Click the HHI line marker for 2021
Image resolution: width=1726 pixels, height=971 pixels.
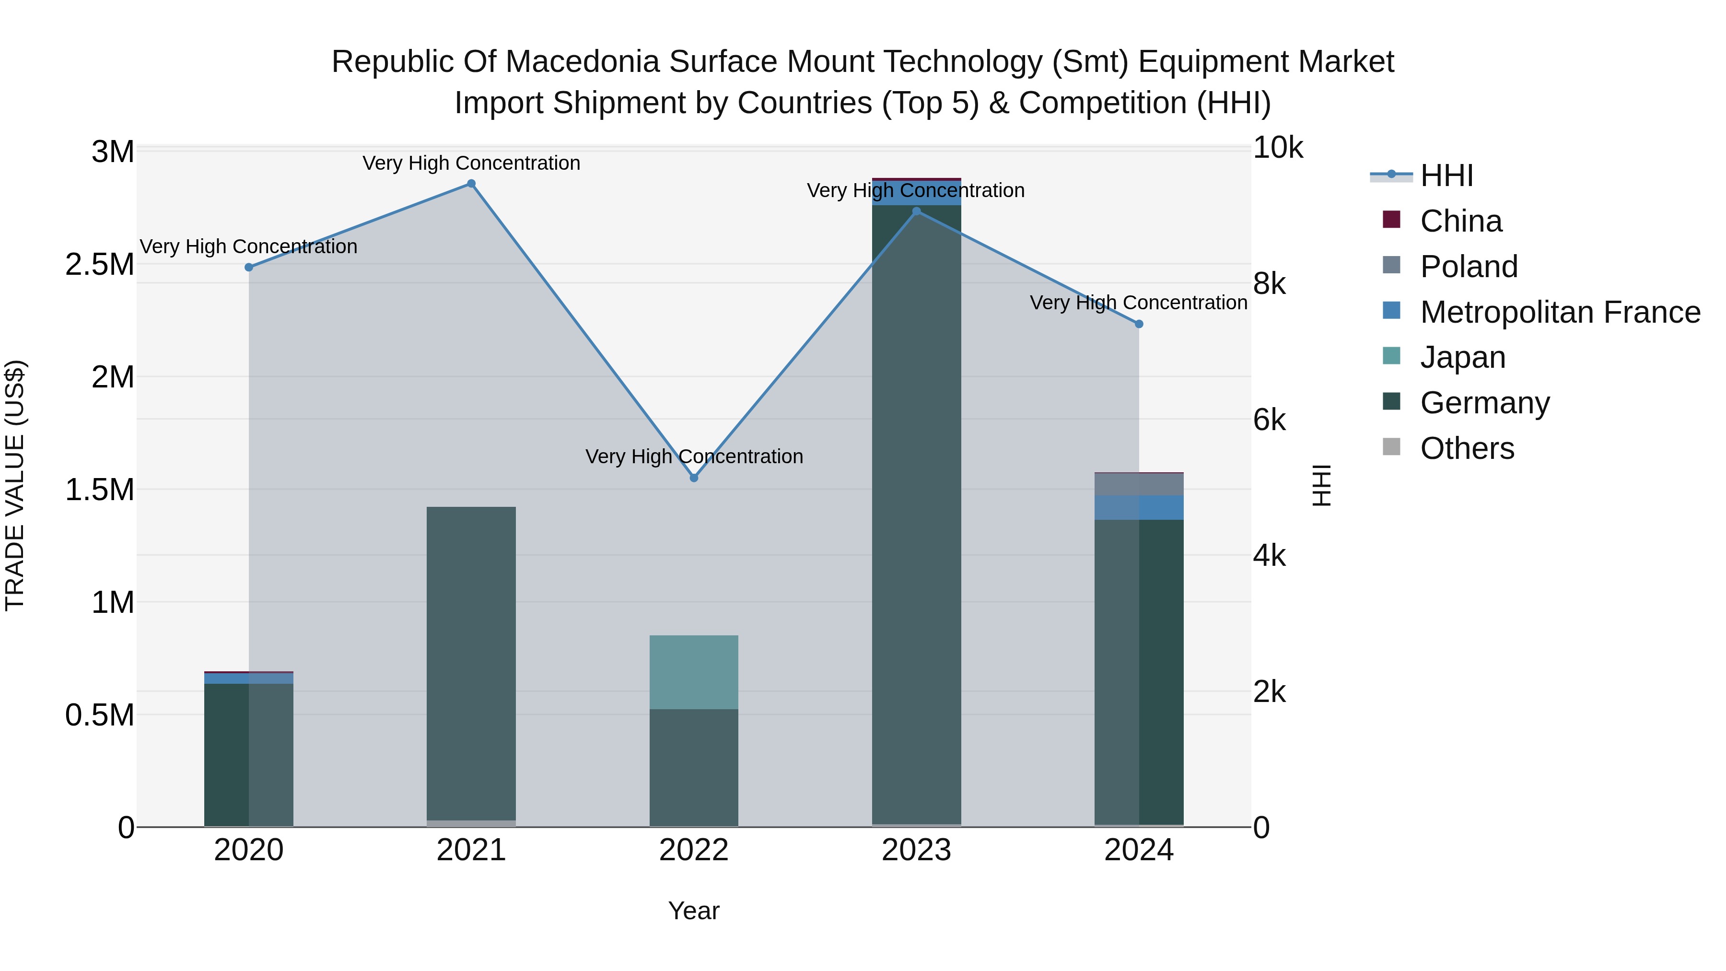click(471, 184)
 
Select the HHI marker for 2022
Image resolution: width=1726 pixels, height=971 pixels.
click(694, 478)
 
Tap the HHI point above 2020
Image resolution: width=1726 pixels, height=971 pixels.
click(248, 268)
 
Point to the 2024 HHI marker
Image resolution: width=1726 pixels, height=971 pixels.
click(1139, 324)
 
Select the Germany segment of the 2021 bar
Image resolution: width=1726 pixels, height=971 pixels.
click(471, 664)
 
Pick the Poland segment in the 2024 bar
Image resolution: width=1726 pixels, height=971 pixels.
click(1139, 484)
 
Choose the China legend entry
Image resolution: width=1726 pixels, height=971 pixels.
click(1461, 221)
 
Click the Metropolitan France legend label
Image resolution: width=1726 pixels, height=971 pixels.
click(1560, 312)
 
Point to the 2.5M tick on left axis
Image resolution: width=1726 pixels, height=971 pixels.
click(99, 265)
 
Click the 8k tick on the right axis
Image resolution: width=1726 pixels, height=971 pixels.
click(1269, 284)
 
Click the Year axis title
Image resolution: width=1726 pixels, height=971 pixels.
click(693, 911)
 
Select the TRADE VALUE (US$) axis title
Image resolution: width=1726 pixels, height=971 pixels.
click(15, 485)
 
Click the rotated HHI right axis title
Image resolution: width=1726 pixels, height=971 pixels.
click(1321, 485)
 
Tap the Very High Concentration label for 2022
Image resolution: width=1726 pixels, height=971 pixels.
click(694, 456)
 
